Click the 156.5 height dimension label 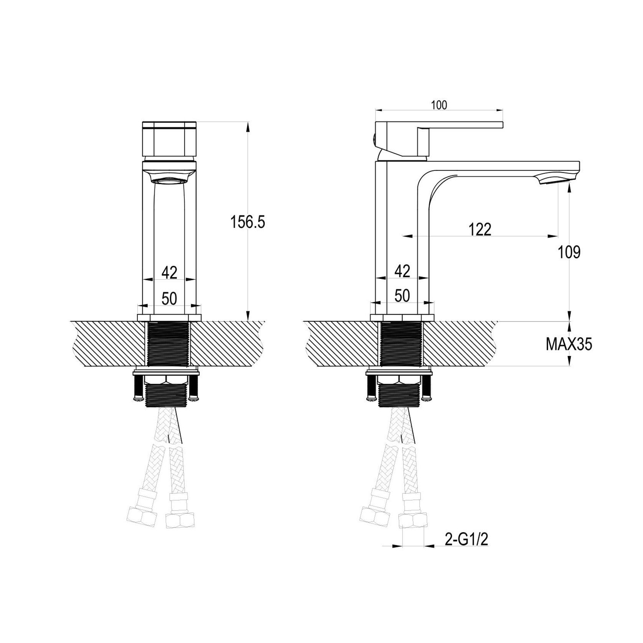pyautogui.click(x=247, y=222)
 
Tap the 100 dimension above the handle pyautogui.click(x=439, y=105)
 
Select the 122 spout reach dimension pyautogui.click(x=480, y=229)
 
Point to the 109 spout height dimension pyautogui.click(x=569, y=252)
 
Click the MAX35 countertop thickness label pyautogui.click(x=569, y=345)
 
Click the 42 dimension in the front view pyautogui.click(x=169, y=273)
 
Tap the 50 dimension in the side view pyautogui.click(x=402, y=296)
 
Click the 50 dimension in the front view pyautogui.click(x=169, y=298)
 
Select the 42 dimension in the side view pyautogui.click(x=402, y=271)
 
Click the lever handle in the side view pyautogui.click(x=460, y=125)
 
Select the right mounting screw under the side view pyautogui.click(x=427, y=388)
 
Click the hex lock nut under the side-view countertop pyautogui.click(x=399, y=379)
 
